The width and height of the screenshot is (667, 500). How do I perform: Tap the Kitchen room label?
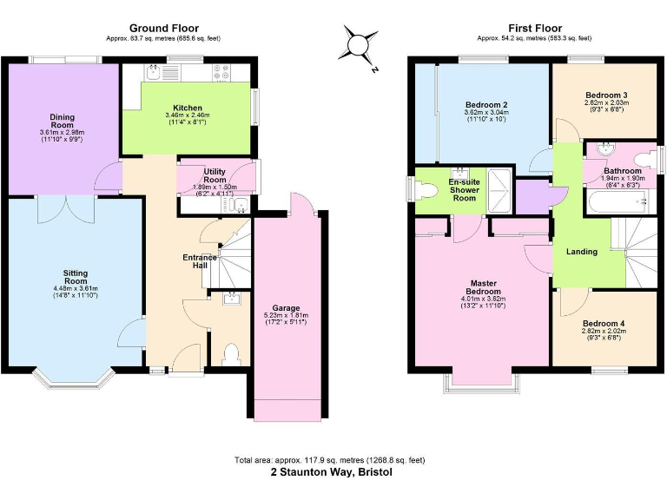(x=188, y=107)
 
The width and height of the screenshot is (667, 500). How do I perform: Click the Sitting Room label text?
(x=76, y=276)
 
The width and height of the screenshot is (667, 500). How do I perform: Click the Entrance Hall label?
(x=201, y=261)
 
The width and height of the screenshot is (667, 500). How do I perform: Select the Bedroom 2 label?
(x=486, y=104)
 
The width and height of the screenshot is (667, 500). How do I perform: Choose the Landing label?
(x=582, y=252)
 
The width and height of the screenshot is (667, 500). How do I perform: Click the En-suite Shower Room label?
(x=463, y=189)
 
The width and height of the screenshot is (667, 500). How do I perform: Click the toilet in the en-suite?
(x=426, y=190)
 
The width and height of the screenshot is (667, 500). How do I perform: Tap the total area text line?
(x=331, y=459)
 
